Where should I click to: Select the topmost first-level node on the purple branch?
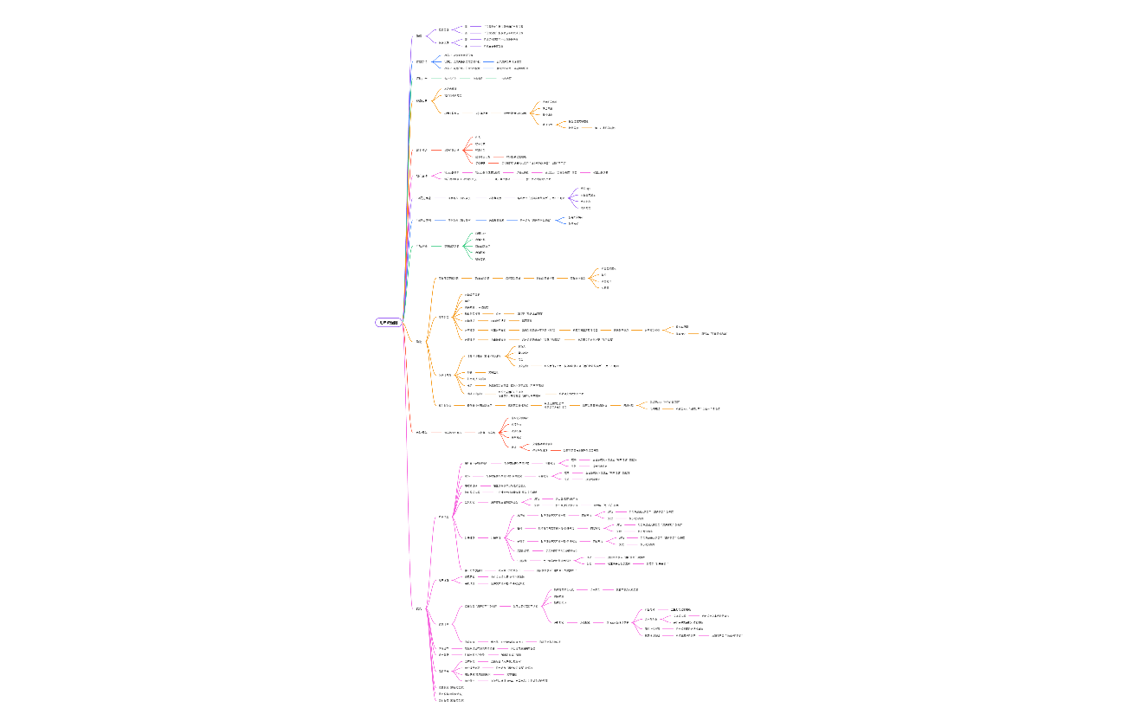pyautogui.click(x=419, y=36)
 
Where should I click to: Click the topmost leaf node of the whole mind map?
pyautogui.click(x=503, y=27)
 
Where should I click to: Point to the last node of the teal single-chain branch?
pyautogui.click(x=506, y=79)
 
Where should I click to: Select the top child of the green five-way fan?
pyautogui.click(x=480, y=234)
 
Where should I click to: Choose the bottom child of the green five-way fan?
pyautogui.click(x=480, y=259)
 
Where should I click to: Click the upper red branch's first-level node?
pyautogui.click(x=422, y=150)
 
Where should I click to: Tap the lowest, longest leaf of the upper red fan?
pyautogui.click(x=533, y=163)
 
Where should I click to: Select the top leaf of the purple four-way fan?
pyautogui.click(x=585, y=189)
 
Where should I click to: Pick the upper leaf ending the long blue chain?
pyautogui.click(x=587, y=217)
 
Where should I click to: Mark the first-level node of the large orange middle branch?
pyautogui.click(x=419, y=342)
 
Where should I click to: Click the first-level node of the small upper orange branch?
pyautogui.click(x=422, y=101)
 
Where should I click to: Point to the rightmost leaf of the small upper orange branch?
pyautogui.click(x=604, y=127)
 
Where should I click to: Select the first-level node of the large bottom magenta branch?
pyautogui.click(x=419, y=609)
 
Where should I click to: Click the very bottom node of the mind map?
pyautogui.click(x=451, y=700)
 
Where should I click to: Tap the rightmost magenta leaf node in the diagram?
pyautogui.click(x=726, y=635)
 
